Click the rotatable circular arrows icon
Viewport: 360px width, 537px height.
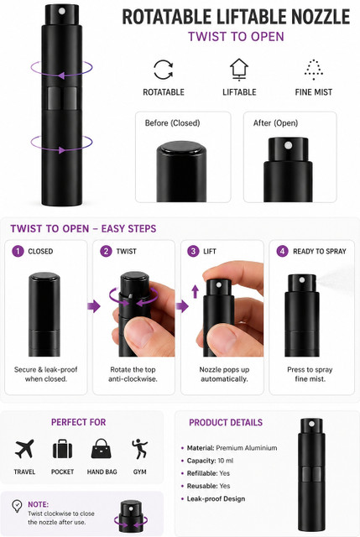coord(163,70)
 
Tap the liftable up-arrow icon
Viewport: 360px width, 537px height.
coord(239,70)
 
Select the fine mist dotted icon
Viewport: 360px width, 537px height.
coord(313,70)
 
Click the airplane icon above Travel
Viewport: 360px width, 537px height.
coord(24,449)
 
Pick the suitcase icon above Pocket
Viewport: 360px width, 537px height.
coord(62,449)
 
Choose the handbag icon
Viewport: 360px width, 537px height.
coord(102,449)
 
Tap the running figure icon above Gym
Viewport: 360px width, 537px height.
coord(140,449)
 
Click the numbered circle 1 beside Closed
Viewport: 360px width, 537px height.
coord(18,251)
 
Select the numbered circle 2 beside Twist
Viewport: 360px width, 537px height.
coord(106,251)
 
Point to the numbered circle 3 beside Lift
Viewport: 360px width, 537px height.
coord(193,251)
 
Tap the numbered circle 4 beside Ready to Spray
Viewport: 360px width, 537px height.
coord(282,251)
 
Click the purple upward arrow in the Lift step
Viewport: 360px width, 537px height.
coord(196,291)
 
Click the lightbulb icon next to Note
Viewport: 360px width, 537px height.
coord(17,505)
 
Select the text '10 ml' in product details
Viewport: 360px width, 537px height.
coord(226,461)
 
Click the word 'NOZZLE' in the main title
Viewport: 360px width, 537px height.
coord(316,17)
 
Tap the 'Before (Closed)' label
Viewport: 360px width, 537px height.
coord(172,123)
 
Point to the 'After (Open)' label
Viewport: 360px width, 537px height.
coord(275,123)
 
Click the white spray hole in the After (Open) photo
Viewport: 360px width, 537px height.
coord(289,145)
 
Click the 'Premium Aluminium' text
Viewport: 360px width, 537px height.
coord(247,448)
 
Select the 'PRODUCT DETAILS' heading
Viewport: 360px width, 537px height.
coord(226,422)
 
